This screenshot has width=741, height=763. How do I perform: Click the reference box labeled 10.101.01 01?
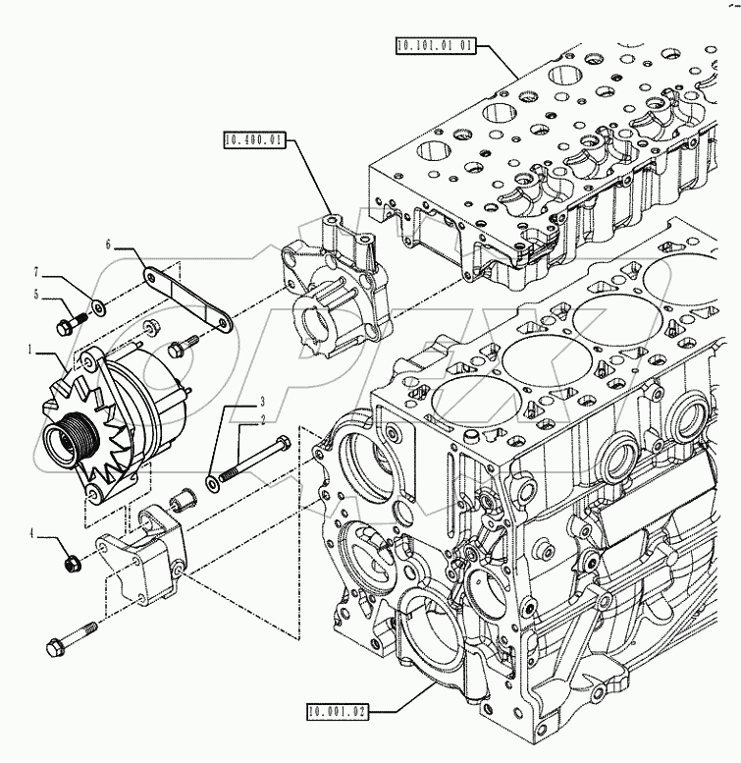click(439, 44)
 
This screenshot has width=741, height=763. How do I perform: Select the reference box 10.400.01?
click(253, 140)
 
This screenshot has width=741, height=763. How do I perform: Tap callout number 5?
click(37, 293)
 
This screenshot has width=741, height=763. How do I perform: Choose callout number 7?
click(37, 271)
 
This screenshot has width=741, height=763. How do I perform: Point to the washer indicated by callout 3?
click(213, 483)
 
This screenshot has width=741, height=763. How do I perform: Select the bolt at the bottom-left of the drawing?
click(69, 639)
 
